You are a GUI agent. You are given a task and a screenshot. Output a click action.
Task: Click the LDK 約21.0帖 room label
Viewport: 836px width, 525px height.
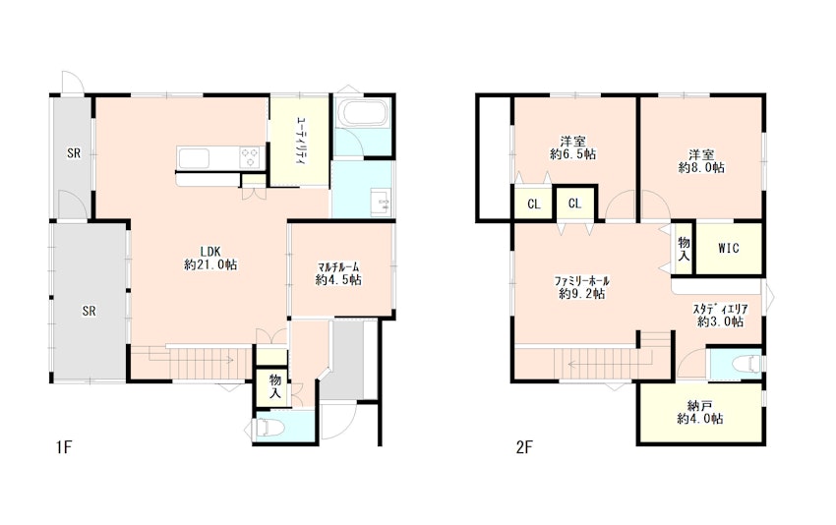pyautogui.click(x=210, y=258)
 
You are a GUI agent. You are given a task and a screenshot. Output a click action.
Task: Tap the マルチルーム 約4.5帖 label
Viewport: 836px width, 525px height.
pyautogui.click(x=338, y=273)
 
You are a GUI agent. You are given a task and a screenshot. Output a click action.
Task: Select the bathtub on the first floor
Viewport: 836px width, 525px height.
pyautogui.click(x=364, y=113)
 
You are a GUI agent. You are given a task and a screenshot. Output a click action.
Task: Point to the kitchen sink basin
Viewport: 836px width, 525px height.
pyautogui.click(x=194, y=158)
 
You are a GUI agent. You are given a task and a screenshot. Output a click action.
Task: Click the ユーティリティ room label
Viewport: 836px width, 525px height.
pyautogui.click(x=301, y=141)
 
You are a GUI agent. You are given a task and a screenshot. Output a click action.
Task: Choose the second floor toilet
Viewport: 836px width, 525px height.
pyautogui.click(x=746, y=364)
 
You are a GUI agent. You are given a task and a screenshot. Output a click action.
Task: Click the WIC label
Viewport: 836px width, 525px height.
pyautogui.click(x=728, y=248)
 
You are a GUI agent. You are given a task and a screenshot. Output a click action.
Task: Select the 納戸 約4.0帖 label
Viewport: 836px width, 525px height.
pyautogui.click(x=700, y=413)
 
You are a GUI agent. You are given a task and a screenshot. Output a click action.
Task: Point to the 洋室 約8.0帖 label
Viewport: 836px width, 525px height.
pyautogui.click(x=701, y=161)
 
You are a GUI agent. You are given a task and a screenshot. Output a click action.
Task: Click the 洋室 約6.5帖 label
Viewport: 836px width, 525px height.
pyautogui.click(x=573, y=147)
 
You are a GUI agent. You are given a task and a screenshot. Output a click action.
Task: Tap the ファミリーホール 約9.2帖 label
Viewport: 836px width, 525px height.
pyautogui.click(x=581, y=287)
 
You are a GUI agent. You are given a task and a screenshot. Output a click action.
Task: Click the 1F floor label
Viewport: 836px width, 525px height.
pyautogui.click(x=64, y=447)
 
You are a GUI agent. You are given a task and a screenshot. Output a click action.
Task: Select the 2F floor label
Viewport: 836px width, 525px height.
pyautogui.click(x=524, y=447)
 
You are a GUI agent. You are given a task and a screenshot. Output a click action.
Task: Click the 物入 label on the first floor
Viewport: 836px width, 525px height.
pyautogui.click(x=275, y=386)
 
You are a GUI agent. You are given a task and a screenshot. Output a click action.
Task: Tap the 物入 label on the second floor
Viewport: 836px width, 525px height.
pyautogui.click(x=684, y=249)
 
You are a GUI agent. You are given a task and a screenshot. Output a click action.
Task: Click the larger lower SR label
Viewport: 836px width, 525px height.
pyautogui.click(x=90, y=311)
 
